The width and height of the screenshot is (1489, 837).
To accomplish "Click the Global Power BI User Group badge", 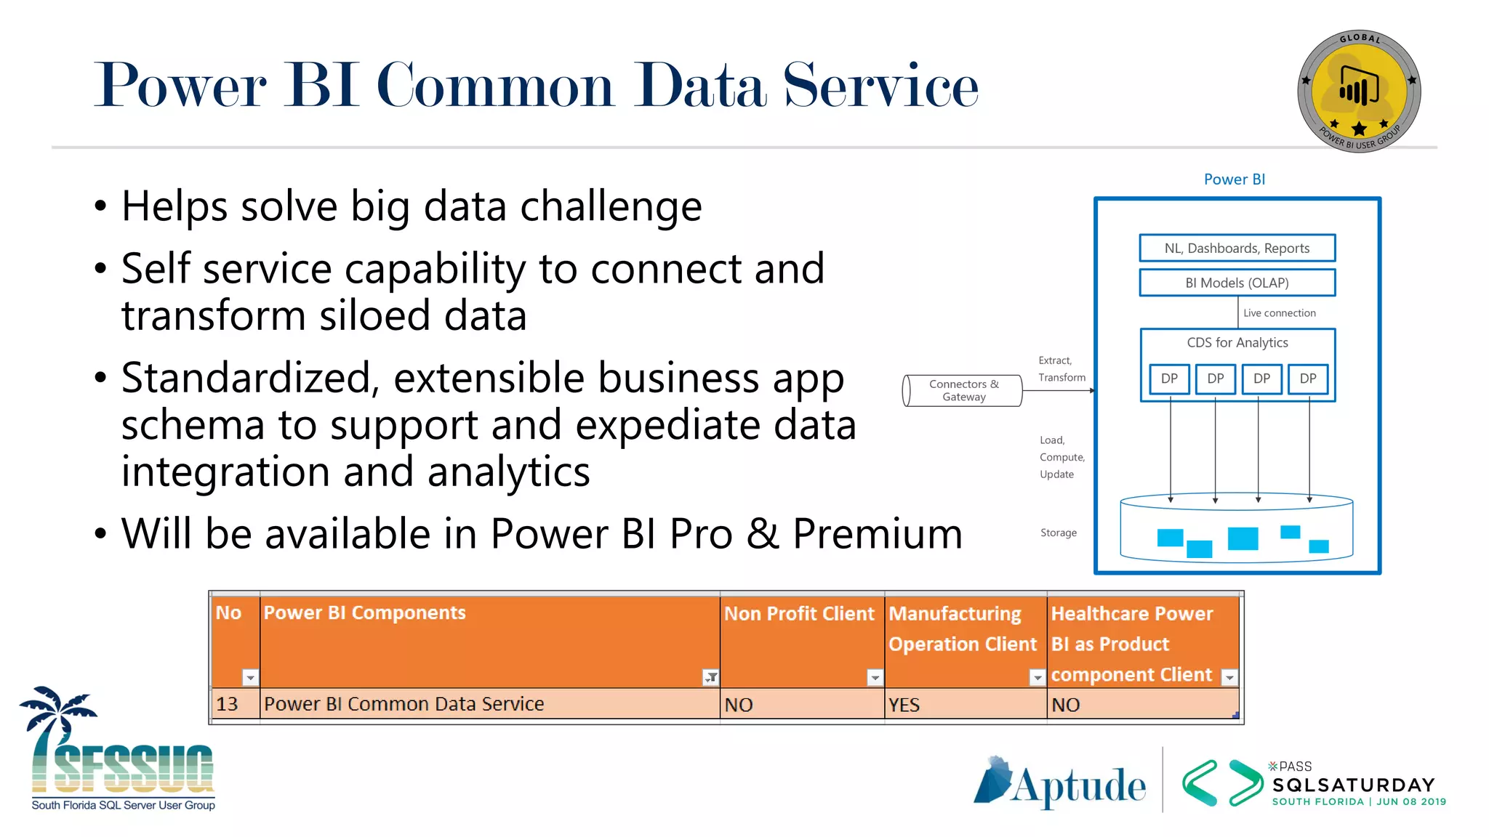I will [1359, 91].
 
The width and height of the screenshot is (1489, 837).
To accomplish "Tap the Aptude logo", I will [1060, 783].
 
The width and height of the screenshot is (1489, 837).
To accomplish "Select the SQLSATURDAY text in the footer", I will [1354, 785].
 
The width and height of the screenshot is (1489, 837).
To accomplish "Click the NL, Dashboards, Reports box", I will [1237, 248].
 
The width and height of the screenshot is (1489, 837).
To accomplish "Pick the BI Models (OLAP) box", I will [1237, 283].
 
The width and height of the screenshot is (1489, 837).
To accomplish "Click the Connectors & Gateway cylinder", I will [963, 390].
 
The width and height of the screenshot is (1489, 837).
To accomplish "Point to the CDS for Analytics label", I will [1237, 342].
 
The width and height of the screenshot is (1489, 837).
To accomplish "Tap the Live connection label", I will [1279, 313].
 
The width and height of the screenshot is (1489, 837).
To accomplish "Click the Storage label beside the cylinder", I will [1058, 533].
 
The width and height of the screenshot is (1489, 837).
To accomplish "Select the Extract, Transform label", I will [1061, 369].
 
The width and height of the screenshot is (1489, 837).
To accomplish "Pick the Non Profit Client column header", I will [799, 614].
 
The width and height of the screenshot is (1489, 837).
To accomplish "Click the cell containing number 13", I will [228, 704].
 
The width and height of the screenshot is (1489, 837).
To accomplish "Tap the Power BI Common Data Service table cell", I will [404, 704].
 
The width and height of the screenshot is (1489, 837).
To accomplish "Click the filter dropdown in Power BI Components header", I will [710, 677].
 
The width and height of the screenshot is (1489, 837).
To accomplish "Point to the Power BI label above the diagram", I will [1234, 179].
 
